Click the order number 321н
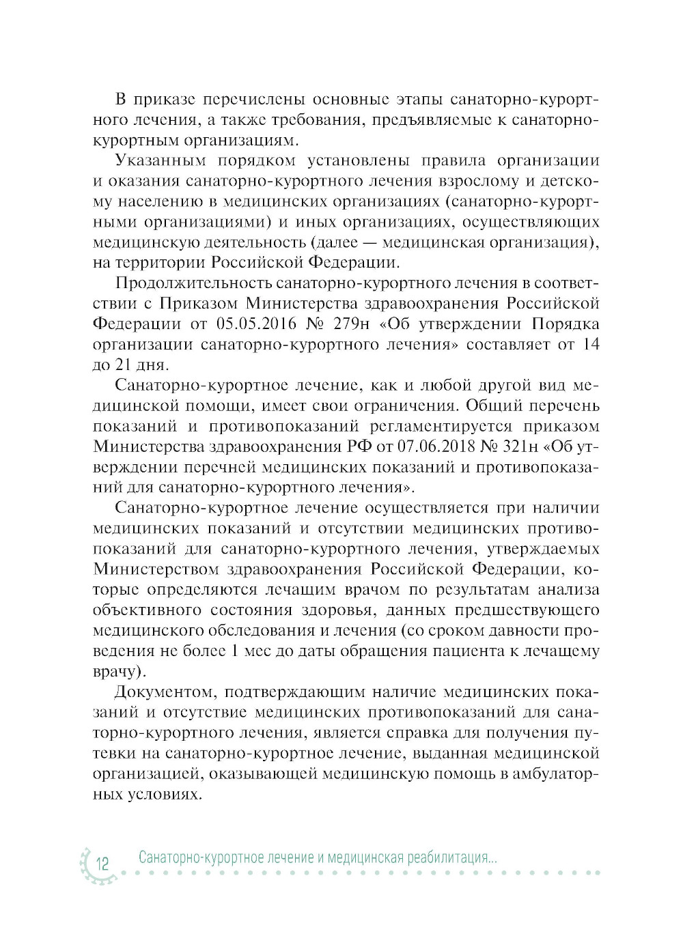pos(510,447)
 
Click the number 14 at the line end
pos(591,344)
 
